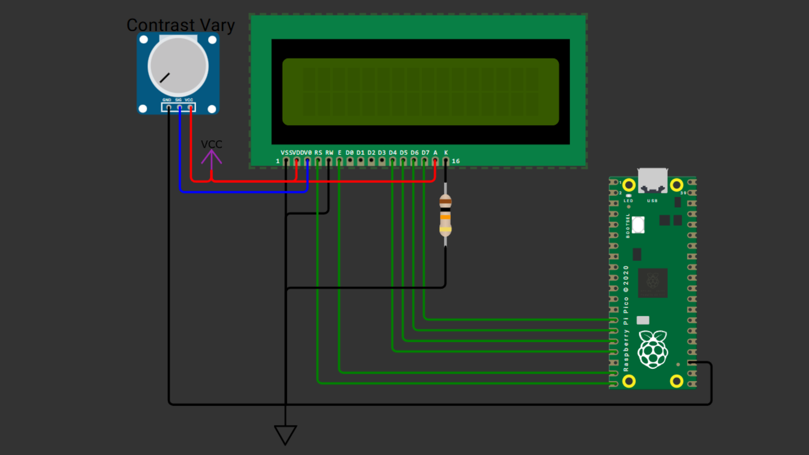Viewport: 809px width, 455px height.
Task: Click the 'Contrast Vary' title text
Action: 180,25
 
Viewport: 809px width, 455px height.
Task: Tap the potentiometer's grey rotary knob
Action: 178,67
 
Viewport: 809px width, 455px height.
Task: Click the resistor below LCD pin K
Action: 445,215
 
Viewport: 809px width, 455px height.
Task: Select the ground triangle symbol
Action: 285,434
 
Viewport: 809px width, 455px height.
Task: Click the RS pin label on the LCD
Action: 318,153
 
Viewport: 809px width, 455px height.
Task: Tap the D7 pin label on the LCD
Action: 426,153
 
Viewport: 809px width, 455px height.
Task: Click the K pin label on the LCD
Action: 446,153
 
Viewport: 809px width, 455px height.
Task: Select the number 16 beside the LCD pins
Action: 455,161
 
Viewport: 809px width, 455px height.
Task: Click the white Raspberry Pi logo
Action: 653,349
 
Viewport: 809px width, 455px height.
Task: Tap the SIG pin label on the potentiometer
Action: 178,100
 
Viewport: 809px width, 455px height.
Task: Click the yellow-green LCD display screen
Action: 420,91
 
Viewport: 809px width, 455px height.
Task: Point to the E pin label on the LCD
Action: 340,153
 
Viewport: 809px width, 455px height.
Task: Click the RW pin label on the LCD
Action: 329,153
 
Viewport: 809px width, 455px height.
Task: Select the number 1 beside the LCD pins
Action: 278,161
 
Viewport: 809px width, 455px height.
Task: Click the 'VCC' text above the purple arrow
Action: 211,144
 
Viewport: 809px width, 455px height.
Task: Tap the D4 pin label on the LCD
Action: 393,153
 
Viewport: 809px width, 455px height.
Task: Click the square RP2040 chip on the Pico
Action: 653,283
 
